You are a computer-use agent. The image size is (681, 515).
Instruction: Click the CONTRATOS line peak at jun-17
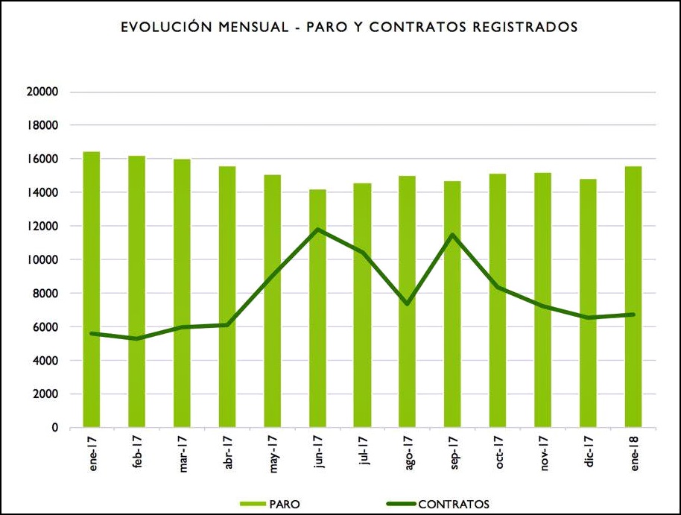pyautogui.click(x=318, y=230)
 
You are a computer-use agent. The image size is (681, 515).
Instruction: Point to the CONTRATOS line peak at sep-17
pyautogui.click(x=453, y=235)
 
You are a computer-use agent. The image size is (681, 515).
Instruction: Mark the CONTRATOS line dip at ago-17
pyautogui.click(x=408, y=303)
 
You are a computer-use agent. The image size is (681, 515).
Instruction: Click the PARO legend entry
pyautogui.click(x=279, y=504)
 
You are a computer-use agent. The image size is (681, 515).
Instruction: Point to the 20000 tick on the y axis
pyautogui.click(x=42, y=92)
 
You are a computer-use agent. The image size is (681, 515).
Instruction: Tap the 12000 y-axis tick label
pyautogui.click(x=42, y=227)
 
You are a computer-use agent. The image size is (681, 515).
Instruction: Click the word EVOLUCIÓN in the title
pyautogui.click(x=162, y=28)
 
